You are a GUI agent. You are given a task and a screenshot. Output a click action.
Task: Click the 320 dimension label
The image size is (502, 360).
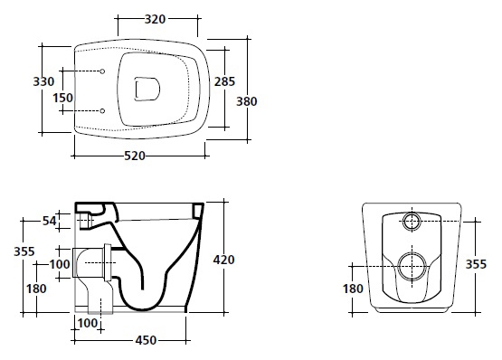155,19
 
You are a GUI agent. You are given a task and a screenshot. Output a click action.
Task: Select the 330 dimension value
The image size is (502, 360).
43,81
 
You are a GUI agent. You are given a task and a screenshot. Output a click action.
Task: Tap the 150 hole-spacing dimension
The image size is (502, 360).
63,98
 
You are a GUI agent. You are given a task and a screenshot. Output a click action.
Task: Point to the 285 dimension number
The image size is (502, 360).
224,81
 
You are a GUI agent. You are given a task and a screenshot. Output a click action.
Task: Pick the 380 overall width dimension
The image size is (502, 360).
247,101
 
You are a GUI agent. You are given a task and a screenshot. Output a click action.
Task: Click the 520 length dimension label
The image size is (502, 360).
135,156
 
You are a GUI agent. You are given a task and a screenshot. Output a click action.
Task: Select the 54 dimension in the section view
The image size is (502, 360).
50,221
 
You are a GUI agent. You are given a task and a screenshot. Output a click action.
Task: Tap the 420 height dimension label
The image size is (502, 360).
223,260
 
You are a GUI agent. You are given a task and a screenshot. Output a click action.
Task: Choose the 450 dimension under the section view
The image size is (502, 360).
146,340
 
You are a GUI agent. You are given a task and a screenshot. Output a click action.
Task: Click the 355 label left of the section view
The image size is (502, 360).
24,251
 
